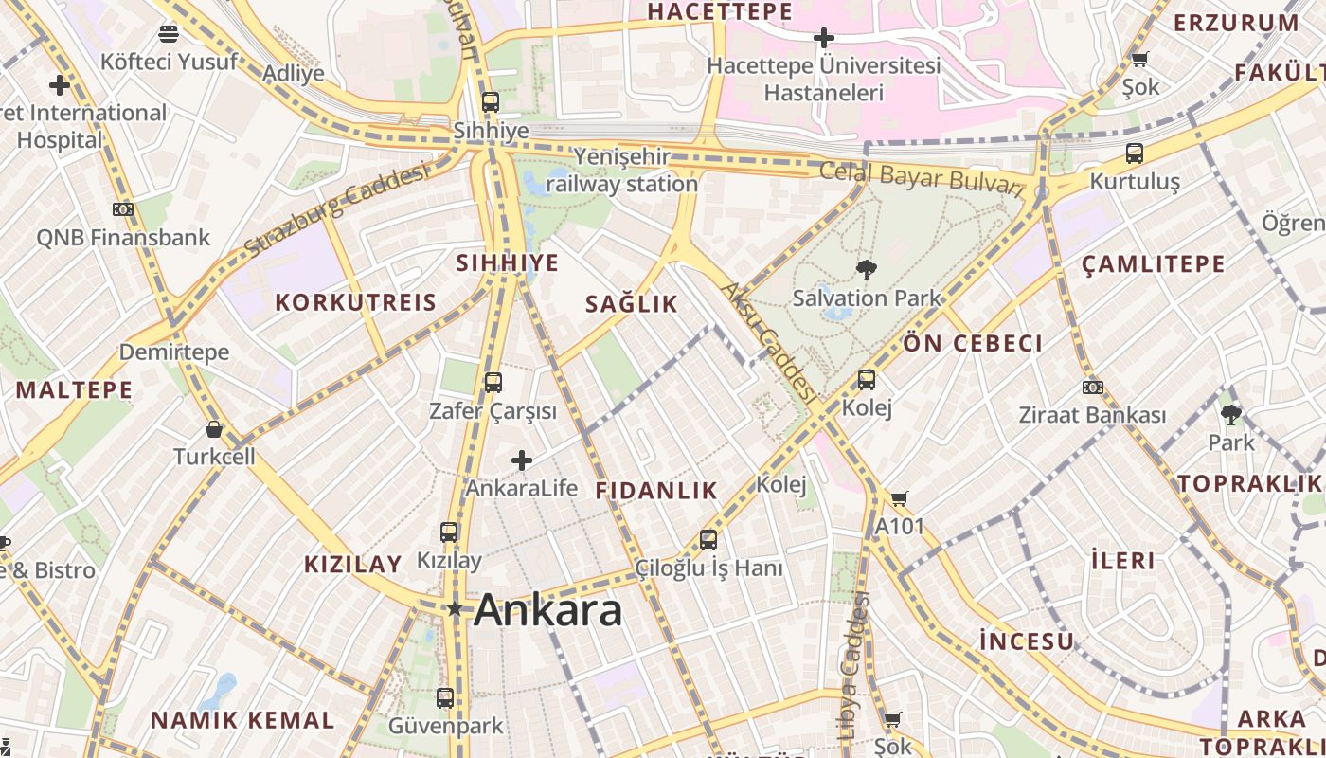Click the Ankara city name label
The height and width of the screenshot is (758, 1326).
[x=548, y=609]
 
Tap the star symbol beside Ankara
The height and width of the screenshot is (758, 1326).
[x=455, y=608]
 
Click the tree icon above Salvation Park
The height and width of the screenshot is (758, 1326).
[x=866, y=270]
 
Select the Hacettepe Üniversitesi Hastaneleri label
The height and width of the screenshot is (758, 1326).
[x=824, y=80]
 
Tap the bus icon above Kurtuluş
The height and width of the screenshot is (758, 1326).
[x=1134, y=153]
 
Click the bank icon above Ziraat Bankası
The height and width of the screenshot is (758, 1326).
[x=1092, y=388]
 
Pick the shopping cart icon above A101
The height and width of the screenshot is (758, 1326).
[x=899, y=498]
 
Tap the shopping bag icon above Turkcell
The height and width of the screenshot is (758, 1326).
[x=214, y=429]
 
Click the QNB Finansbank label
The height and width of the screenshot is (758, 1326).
[x=123, y=237]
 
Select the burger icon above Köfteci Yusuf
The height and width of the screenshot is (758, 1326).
[x=169, y=35]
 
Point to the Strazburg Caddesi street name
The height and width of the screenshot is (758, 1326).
[x=336, y=209]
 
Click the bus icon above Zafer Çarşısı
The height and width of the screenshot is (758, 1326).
[x=493, y=383]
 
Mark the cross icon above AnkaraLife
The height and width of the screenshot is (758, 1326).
[x=521, y=460]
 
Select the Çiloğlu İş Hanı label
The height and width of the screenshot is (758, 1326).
[x=708, y=568]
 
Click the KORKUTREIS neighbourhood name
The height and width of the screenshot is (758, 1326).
[x=355, y=303]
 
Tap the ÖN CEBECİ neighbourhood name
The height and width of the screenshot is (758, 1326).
[x=973, y=343]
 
